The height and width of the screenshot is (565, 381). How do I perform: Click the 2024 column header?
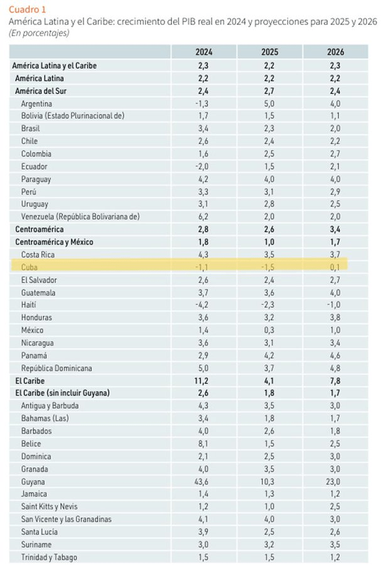203,52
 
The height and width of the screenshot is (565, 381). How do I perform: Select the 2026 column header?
335,52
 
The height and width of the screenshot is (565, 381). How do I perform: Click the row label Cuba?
30,267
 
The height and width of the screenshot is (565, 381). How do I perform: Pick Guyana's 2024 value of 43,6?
202,481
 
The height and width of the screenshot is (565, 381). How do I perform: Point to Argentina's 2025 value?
269,103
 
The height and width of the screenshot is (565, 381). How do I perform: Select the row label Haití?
30,304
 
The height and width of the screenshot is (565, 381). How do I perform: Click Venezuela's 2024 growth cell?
202,217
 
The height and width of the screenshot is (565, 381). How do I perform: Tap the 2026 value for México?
335,330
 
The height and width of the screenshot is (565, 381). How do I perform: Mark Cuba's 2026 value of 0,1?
335,267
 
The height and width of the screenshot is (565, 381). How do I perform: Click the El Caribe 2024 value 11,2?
202,380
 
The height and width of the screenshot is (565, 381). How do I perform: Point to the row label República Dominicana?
56,368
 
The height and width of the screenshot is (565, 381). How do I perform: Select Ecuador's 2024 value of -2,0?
202,166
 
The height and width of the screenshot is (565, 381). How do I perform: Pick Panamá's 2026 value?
335,355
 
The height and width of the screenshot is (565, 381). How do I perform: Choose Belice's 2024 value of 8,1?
202,443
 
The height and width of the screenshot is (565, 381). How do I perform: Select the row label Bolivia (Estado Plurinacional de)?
73,116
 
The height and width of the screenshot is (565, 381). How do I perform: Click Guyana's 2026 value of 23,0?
335,481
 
